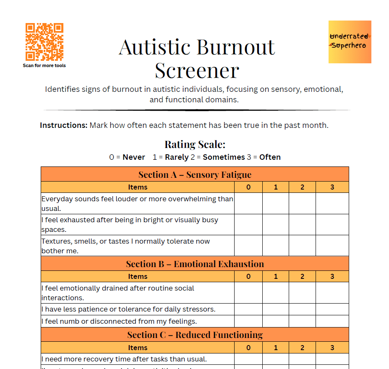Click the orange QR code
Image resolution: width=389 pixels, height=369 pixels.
[x=44, y=42]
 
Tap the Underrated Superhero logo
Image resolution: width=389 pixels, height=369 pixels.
[x=350, y=42]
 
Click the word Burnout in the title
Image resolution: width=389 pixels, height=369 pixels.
[x=235, y=47]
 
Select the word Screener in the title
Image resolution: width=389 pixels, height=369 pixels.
[x=197, y=70]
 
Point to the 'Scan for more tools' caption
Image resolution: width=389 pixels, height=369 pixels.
[x=44, y=65]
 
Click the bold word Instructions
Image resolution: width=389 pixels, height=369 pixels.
[x=63, y=125]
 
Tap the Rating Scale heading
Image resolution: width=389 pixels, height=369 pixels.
[x=195, y=145]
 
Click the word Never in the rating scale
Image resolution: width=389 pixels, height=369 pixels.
[x=133, y=157]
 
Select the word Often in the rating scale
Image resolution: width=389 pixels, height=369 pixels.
[x=270, y=157]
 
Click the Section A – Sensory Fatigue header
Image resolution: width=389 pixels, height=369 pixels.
[x=195, y=174]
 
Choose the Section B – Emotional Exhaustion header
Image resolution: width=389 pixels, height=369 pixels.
[x=195, y=264]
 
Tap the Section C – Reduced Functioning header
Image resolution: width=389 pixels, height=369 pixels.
[x=195, y=335]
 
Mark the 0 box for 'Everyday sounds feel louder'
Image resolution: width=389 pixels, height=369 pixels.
[x=248, y=203]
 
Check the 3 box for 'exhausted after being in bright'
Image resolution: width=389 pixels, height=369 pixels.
[x=332, y=224]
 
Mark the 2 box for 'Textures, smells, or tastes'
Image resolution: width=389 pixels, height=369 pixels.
[x=302, y=246]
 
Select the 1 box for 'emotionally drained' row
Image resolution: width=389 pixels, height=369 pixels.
[x=276, y=293]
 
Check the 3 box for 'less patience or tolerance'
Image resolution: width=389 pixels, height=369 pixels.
[x=332, y=309]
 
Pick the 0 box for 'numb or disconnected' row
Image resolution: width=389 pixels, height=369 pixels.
[x=248, y=321]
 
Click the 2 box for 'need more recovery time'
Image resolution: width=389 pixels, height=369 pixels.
[x=302, y=359]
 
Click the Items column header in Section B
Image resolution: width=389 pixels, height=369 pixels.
[x=138, y=276]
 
